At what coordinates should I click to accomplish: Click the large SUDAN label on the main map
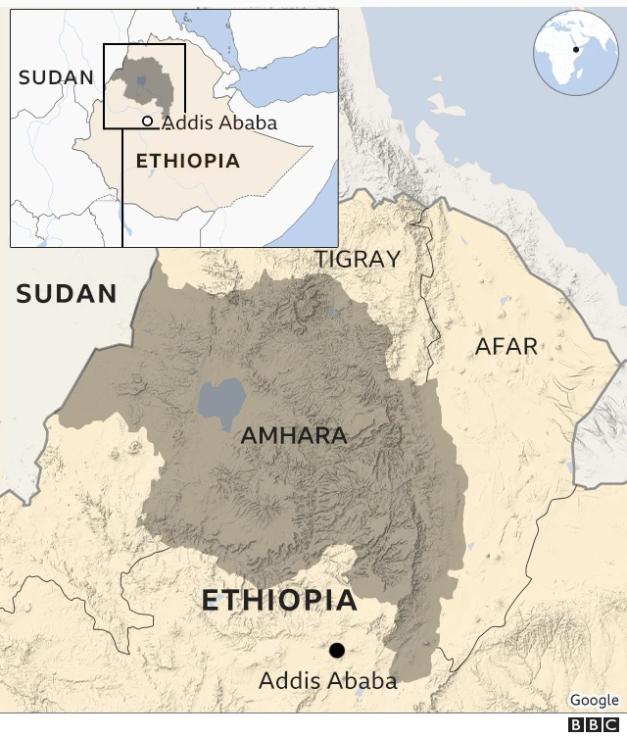(67, 293)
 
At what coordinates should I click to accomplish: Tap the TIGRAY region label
(357, 259)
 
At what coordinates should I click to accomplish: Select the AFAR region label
(506, 346)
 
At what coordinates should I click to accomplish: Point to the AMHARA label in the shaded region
(294, 435)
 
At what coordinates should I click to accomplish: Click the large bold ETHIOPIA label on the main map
(279, 601)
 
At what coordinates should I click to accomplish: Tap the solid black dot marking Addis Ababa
(337, 650)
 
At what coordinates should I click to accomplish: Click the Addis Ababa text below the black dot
(327, 681)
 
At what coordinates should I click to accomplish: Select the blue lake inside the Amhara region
(221, 403)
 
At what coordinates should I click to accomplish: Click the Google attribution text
(594, 700)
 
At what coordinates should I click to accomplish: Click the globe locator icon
(575, 53)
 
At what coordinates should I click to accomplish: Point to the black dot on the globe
(576, 49)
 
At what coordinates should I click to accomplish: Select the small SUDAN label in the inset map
(55, 76)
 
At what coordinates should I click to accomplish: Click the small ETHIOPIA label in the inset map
(187, 161)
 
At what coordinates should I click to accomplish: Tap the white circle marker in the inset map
(147, 122)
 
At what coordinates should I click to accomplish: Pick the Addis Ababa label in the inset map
(219, 123)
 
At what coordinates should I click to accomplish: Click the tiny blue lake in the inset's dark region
(142, 82)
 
